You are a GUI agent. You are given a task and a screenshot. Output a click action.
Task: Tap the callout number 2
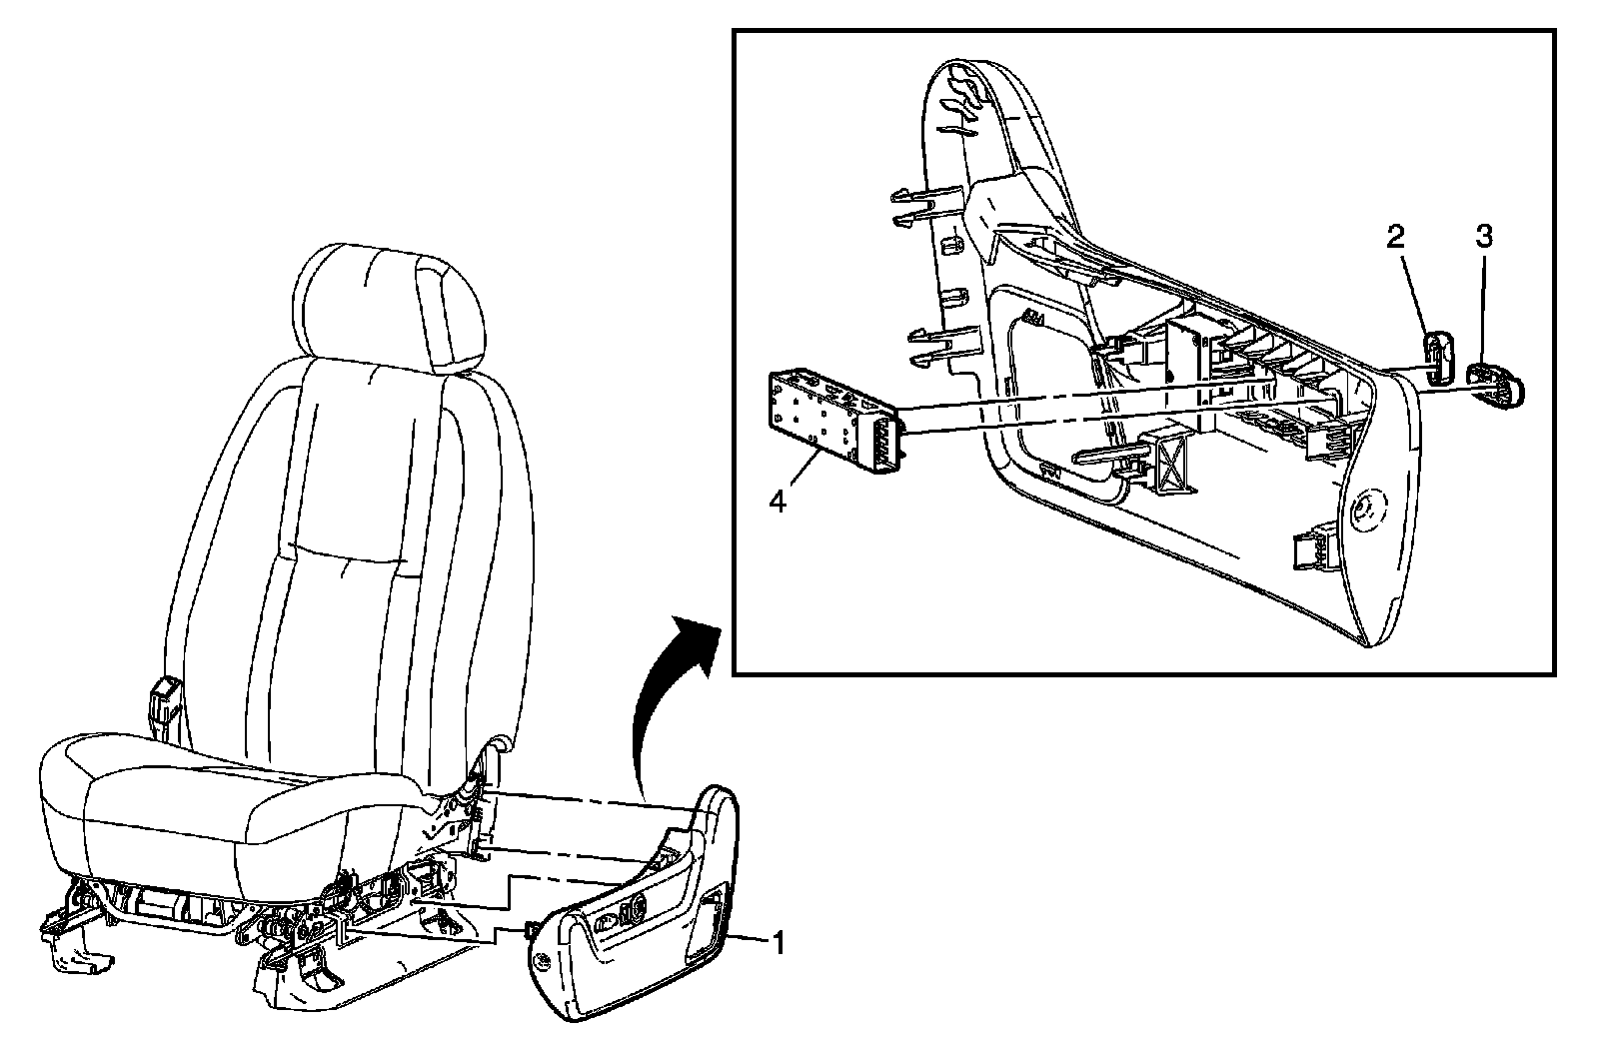point(1395,238)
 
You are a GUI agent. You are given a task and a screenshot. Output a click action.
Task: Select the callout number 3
point(1484,238)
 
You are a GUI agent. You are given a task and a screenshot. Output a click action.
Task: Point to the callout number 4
point(777,501)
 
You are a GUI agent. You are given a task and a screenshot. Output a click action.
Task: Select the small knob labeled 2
point(1436,358)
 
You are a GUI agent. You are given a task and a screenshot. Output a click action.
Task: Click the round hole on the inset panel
point(1363,510)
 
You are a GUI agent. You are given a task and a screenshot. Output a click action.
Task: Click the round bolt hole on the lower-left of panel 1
point(543,961)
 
